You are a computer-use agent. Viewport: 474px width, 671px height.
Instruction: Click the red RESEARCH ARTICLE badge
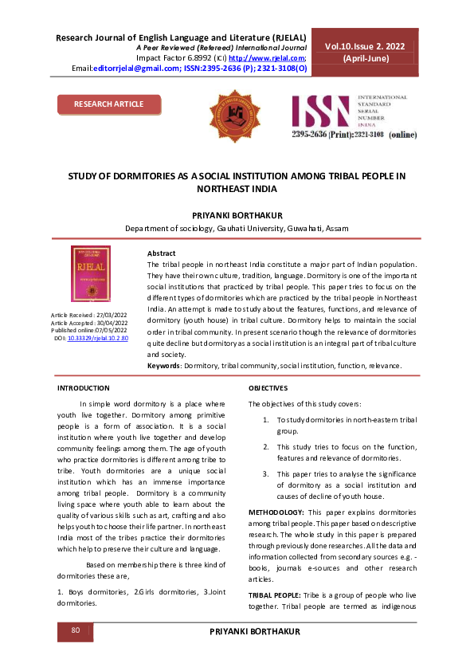[109, 104]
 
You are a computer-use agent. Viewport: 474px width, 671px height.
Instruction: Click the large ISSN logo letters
[321, 113]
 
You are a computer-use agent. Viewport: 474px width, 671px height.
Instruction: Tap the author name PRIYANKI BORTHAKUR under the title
[237, 215]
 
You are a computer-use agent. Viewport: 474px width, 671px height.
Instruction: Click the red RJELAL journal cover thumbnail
[91, 273]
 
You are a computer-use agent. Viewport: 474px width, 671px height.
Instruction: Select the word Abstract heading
[162, 253]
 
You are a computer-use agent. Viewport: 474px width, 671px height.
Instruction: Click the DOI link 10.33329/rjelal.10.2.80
[98, 339]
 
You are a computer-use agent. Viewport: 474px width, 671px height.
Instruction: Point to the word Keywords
[165, 365]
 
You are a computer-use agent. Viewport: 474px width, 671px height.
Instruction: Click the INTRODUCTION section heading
[84, 388]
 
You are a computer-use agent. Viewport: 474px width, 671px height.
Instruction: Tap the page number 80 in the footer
[76, 630]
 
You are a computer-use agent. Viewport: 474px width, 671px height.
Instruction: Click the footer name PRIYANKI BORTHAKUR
[253, 631]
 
